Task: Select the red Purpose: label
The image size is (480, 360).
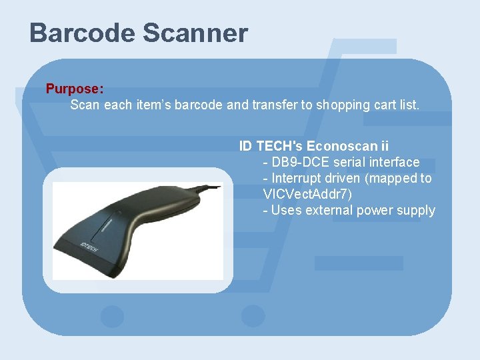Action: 74,89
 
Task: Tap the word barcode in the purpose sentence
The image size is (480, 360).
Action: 199,105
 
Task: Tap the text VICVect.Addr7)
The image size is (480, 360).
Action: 307,194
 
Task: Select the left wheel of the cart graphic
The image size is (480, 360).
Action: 111,316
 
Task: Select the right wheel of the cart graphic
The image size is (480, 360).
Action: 252,316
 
